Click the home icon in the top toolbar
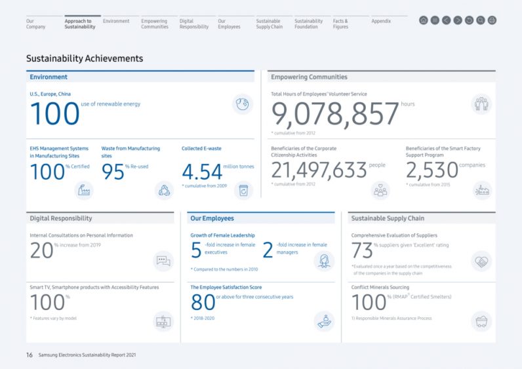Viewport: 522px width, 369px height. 424,20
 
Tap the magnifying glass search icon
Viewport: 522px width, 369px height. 481,20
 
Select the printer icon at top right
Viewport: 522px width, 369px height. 492,20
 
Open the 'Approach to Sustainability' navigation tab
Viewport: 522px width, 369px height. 80,24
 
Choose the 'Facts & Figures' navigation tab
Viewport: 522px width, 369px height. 340,24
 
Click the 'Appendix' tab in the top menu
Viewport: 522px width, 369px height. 381,21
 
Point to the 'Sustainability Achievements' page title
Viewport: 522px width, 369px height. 85,58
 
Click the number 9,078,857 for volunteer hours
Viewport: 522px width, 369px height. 335,114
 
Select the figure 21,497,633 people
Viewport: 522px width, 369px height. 319,170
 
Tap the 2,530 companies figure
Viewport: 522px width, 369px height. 432,170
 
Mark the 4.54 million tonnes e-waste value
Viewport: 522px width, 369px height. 202,172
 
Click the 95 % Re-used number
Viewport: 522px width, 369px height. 113,172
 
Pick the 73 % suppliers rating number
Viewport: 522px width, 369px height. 362,250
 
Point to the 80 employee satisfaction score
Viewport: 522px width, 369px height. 203,302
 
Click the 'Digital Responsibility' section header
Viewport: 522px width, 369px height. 61,218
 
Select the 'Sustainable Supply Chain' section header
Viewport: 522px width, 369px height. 388,218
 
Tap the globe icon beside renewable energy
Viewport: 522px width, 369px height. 243,104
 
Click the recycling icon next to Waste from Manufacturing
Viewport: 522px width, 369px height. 163,190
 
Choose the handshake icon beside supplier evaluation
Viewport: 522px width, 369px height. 481,261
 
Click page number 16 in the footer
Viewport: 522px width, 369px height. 30,355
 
